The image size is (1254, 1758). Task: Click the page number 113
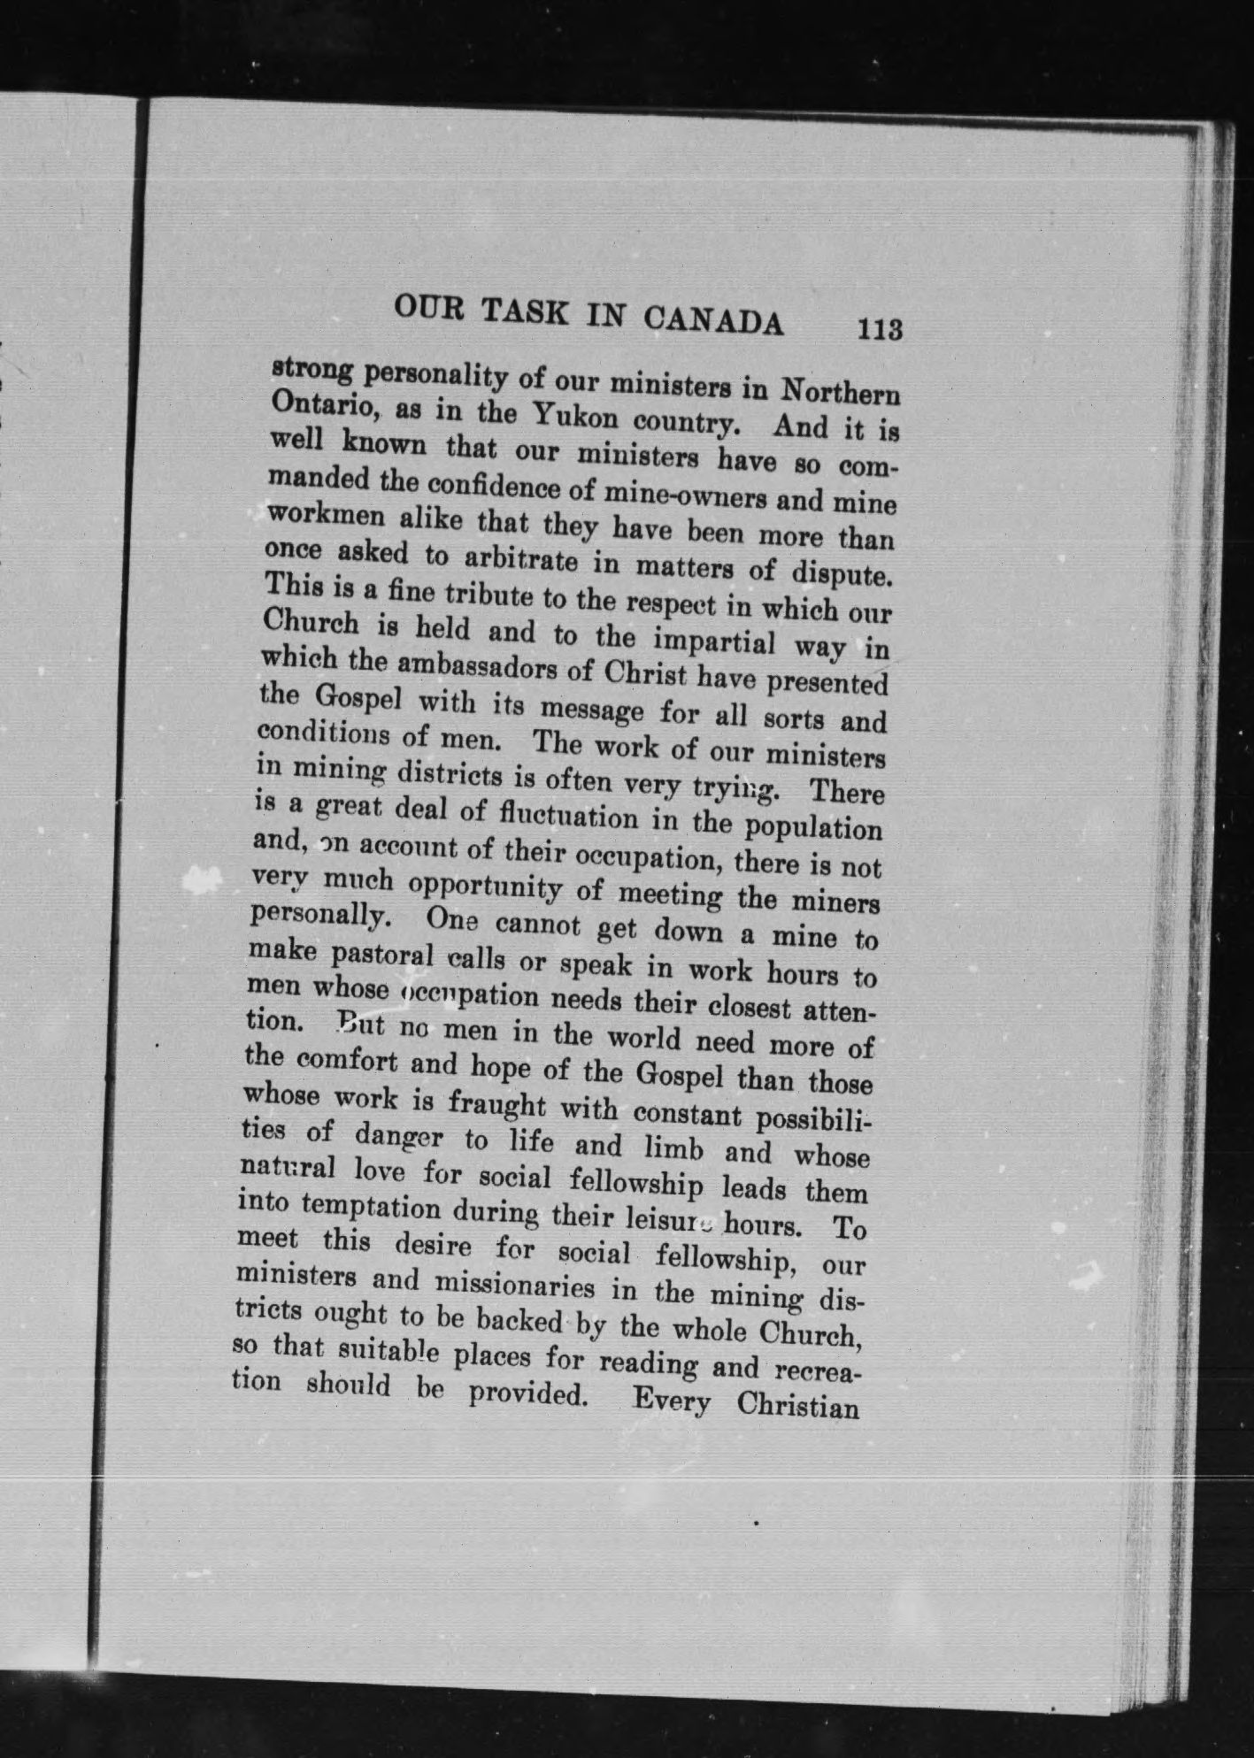pos(879,329)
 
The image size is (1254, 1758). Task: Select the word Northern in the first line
pos(842,392)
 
